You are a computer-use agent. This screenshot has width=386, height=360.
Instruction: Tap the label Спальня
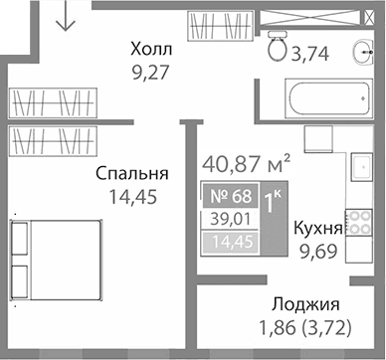(x=130, y=173)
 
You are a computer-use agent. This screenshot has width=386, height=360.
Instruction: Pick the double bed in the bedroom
(x=55, y=256)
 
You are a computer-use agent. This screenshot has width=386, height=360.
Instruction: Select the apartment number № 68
(x=229, y=196)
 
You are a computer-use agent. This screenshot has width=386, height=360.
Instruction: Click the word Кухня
(x=318, y=227)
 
